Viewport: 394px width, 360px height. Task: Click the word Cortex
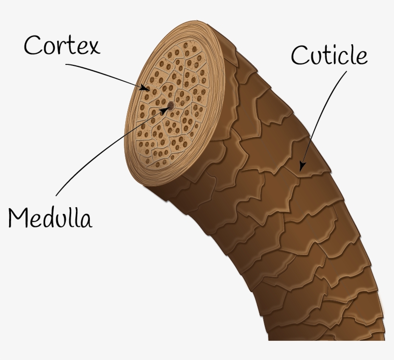pos(62,45)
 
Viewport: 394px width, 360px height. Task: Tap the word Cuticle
pos(329,55)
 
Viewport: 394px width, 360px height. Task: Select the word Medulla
pos(50,218)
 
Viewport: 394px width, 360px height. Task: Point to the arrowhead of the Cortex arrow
pos(145,88)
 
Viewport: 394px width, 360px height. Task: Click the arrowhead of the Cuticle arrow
pos(302,166)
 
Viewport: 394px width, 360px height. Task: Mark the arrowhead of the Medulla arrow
pos(165,110)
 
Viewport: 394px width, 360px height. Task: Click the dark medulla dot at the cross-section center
pos(171,106)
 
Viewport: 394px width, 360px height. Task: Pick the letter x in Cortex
pos(95,48)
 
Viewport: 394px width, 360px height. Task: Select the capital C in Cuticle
pos(298,55)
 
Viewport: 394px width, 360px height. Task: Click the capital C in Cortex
pos(32,45)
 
